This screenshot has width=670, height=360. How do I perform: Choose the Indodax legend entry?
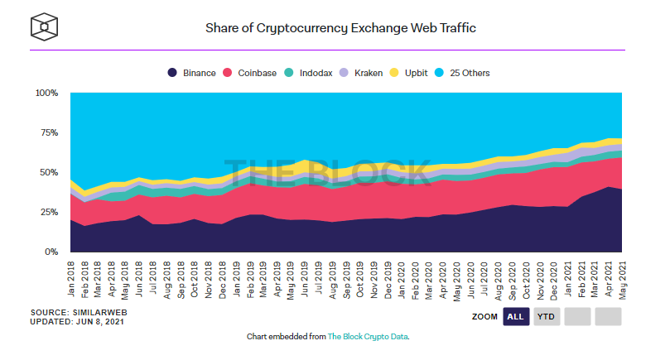pyautogui.click(x=310, y=73)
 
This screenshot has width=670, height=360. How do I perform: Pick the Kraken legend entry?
pyautogui.click(x=361, y=73)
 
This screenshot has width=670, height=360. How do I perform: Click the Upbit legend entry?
pyautogui.click(x=409, y=73)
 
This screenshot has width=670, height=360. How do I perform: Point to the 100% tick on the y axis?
pyautogui.click(x=46, y=94)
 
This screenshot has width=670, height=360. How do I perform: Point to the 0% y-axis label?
pyautogui.click(x=51, y=252)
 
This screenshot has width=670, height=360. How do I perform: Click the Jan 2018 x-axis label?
pyautogui.click(x=71, y=280)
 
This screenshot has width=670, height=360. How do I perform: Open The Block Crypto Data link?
pyautogui.click(x=368, y=337)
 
